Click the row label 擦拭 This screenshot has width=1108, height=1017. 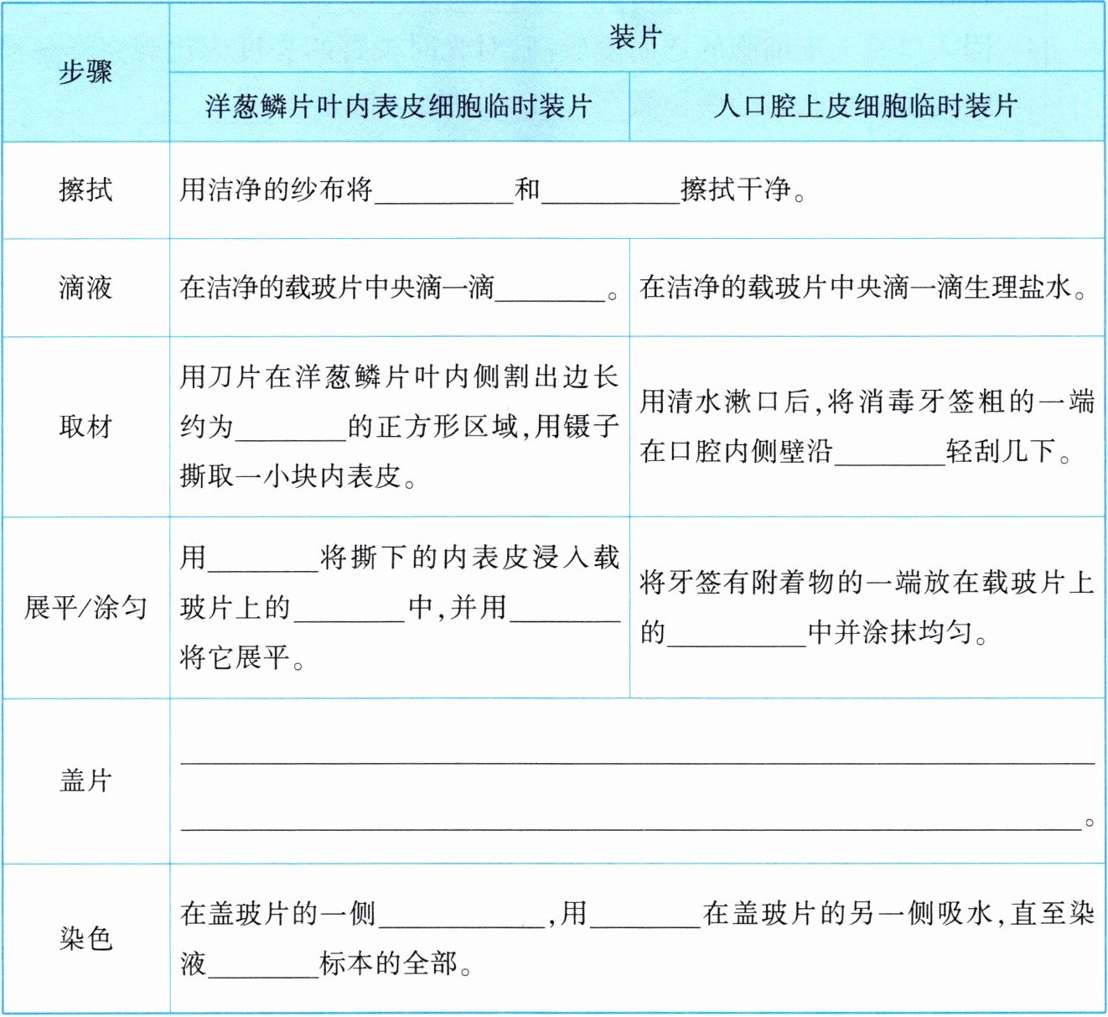pyautogui.click(x=85, y=189)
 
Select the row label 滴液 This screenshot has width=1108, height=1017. pyautogui.click(x=85, y=288)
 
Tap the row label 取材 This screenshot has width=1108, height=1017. pyautogui.click(x=85, y=427)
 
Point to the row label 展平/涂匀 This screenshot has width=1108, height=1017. pyautogui.click(x=85, y=607)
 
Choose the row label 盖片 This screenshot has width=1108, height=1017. pyautogui.click(x=85, y=781)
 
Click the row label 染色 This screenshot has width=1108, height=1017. pyautogui.click(x=85, y=938)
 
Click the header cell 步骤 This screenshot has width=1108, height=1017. pyautogui.click(x=85, y=72)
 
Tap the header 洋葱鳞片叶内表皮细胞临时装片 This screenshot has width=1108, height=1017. pyautogui.click(x=399, y=106)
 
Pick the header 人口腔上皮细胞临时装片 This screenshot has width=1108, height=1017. pyautogui.click(x=866, y=106)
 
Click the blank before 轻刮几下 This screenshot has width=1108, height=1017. pyautogui.click(x=889, y=453)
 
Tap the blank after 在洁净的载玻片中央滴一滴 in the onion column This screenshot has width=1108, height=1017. pyautogui.click(x=550, y=289)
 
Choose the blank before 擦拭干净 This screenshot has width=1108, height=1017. pyautogui.click(x=610, y=191)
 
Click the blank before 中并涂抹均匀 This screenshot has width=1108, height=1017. pyautogui.click(x=736, y=633)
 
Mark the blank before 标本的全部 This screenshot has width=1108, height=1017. pyautogui.click(x=263, y=965)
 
